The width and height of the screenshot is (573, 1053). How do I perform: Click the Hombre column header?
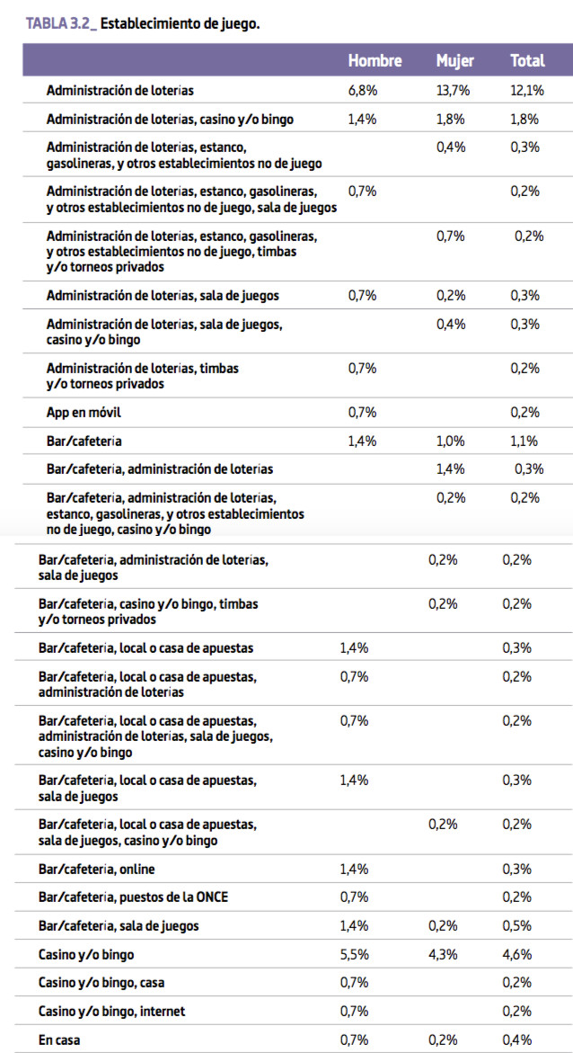375,60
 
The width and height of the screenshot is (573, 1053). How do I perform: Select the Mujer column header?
454,60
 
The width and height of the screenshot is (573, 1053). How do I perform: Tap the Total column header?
526,60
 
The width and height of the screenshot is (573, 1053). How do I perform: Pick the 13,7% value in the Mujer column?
453,92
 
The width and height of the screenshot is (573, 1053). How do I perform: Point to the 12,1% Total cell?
526,92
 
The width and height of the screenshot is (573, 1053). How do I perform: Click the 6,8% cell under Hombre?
362,92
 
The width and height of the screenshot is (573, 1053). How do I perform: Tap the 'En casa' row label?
58,1040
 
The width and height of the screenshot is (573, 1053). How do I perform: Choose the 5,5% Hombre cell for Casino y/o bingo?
354,954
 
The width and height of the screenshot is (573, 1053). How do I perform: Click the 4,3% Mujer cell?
443,954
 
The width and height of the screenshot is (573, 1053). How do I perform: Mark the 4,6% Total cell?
516,954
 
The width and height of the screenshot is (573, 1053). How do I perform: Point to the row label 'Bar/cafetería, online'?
97,870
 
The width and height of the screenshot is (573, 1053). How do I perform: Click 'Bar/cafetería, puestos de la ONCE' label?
133,897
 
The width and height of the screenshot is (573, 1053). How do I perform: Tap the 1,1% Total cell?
526,442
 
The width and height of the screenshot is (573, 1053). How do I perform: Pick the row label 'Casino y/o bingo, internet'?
111,1012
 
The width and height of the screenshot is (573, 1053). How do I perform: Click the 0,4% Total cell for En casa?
516,1040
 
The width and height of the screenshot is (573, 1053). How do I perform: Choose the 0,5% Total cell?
516,926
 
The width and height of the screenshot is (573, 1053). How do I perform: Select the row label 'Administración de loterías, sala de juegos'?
163,296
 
